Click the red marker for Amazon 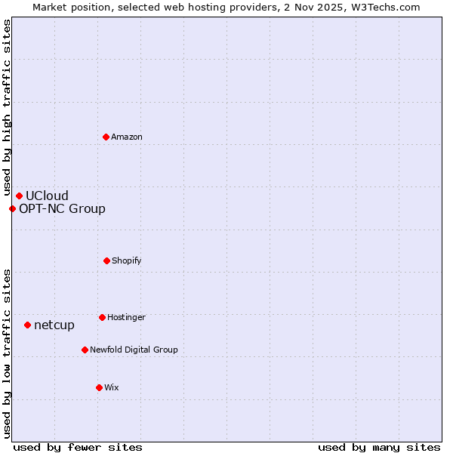(x=106, y=137)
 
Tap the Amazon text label (x=126, y=137)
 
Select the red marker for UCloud (x=19, y=196)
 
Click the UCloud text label (x=47, y=196)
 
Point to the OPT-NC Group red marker (x=12, y=209)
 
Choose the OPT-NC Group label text (x=62, y=209)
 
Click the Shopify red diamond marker (x=106, y=260)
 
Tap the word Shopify (x=126, y=261)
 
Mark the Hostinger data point (x=102, y=317)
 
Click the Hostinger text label (x=126, y=318)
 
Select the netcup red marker (x=27, y=325)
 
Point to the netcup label (x=54, y=325)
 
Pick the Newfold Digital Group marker (x=85, y=350)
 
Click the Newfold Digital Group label (x=134, y=350)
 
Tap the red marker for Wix (x=99, y=387)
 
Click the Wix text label (x=112, y=388)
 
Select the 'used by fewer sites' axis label (x=78, y=447)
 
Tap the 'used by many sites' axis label (x=379, y=447)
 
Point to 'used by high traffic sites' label (x=7, y=108)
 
